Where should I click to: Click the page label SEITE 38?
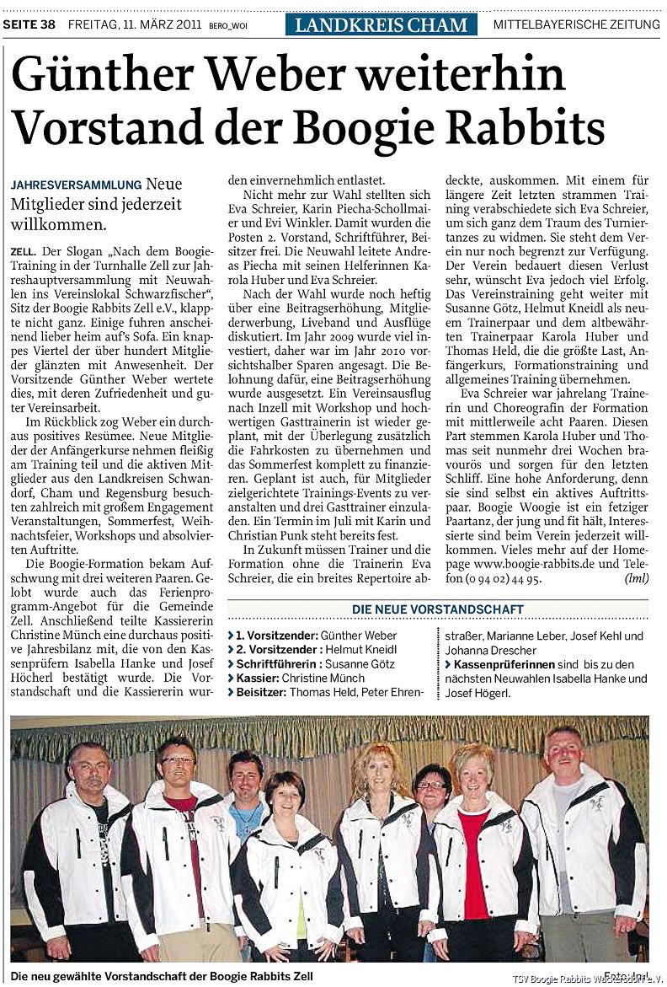[x=29, y=24]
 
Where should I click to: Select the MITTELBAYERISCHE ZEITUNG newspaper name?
[x=576, y=24]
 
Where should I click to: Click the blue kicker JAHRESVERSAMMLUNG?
[x=77, y=185]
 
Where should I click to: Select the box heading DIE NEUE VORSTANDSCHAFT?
[x=437, y=609]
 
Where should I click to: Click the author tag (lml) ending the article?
[x=636, y=580]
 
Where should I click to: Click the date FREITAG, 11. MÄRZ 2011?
[x=134, y=24]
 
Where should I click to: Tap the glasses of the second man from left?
[x=178, y=760]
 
